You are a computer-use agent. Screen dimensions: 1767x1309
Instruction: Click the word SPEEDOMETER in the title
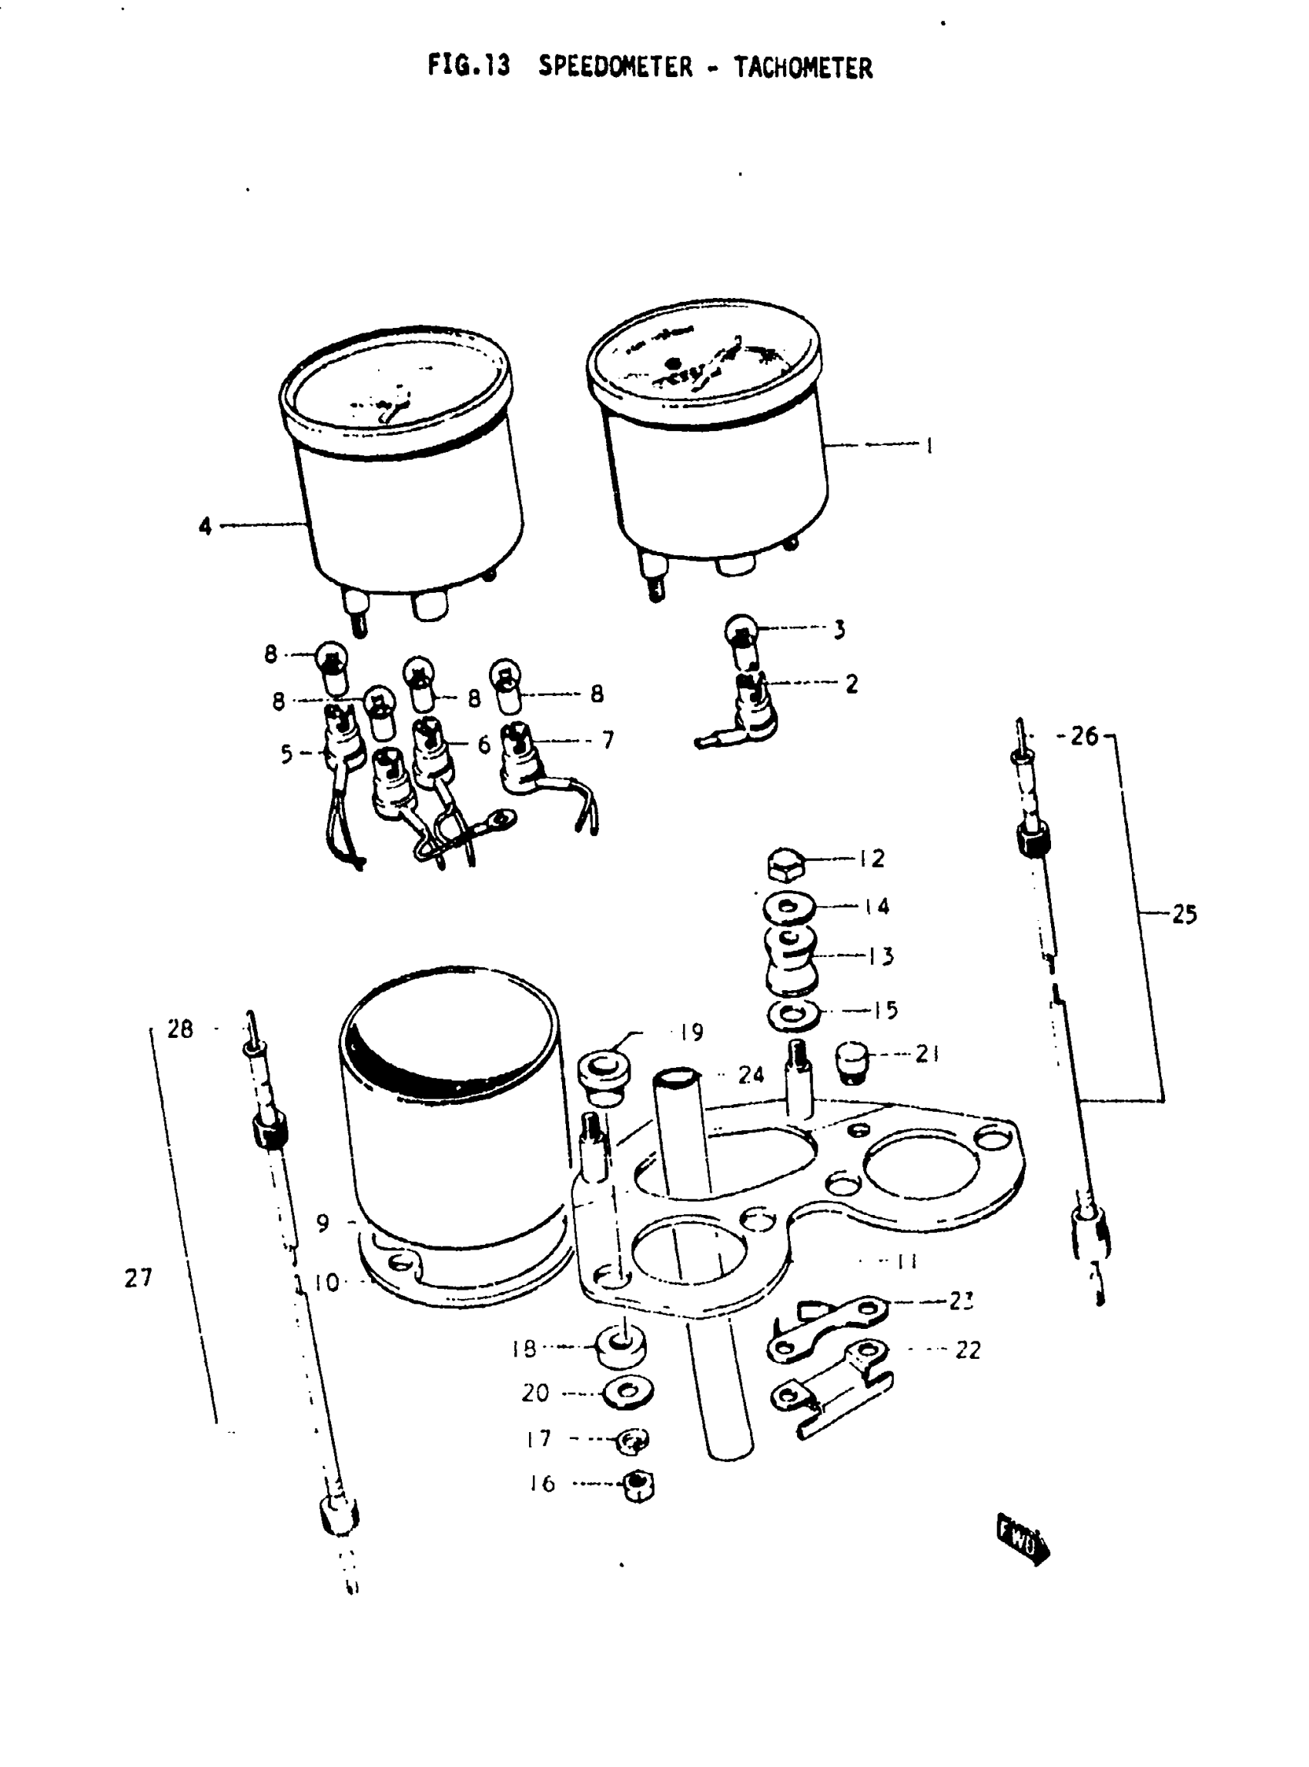click(615, 66)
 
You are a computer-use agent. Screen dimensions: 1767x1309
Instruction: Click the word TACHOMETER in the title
click(802, 69)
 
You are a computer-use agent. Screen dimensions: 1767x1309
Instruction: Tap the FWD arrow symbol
click(1022, 1541)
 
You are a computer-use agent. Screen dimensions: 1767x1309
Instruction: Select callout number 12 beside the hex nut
click(872, 858)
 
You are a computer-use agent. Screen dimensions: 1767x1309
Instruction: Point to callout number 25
click(1183, 915)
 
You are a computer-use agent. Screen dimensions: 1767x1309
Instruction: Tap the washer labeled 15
click(793, 1013)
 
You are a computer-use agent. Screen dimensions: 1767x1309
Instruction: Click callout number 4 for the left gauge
click(206, 525)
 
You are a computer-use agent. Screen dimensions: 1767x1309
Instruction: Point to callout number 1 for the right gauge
click(929, 445)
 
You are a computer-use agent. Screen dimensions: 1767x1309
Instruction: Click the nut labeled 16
click(637, 1486)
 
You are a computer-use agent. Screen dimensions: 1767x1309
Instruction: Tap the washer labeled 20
click(627, 1391)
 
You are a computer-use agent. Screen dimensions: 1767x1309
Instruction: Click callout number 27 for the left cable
click(138, 1278)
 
